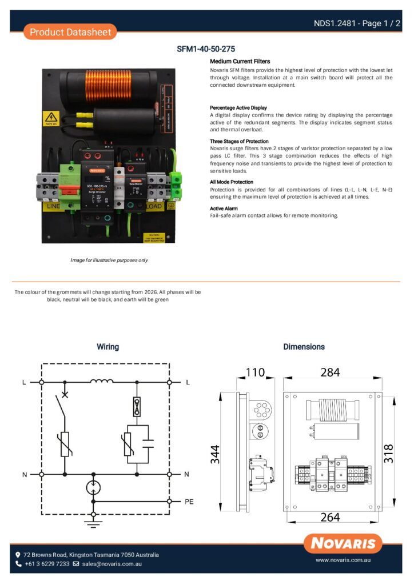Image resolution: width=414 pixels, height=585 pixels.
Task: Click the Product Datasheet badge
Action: click(x=70, y=32)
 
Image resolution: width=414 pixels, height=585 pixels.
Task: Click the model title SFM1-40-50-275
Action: click(x=206, y=49)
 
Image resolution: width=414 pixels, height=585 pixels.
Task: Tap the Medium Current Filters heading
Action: click(x=240, y=61)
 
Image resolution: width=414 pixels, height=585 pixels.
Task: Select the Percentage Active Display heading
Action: click(x=238, y=107)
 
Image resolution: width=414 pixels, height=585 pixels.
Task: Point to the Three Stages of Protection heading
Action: click(x=239, y=141)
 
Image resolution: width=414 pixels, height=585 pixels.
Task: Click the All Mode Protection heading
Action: click(x=232, y=182)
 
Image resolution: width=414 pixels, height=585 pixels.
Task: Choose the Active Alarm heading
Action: click(x=224, y=209)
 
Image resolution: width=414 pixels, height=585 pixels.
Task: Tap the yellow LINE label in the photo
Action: click(x=53, y=206)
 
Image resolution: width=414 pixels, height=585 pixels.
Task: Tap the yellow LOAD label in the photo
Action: click(x=155, y=206)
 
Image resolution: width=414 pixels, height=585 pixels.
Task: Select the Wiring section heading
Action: click(x=108, y=347)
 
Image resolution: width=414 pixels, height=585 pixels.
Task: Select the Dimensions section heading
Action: click(x=304, y=347)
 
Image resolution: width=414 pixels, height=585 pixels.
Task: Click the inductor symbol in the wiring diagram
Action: click(x=102, y=381)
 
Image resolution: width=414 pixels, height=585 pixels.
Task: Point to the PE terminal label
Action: click(x=189, y=502)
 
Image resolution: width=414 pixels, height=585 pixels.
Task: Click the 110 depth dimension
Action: click(x=255, y=373)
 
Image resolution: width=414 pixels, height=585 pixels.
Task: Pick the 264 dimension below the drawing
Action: click(x=330, y=518)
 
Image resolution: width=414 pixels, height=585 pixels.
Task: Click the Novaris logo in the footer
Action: click(x=343, y=543)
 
